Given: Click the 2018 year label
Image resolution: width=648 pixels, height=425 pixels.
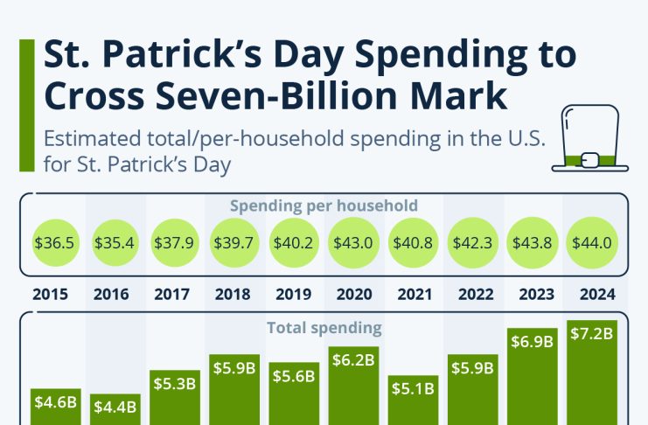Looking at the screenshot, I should [x=234, y=294].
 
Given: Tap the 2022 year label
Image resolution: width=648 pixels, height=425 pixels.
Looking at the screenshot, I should [x=472, y=294].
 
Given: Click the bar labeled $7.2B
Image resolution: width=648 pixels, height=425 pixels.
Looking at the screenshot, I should [x=591, y=376].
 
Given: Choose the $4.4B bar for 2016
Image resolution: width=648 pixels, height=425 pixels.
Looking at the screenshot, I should [x=115, y=411].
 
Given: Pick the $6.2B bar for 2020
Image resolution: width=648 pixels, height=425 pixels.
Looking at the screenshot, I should [x=353, y=389].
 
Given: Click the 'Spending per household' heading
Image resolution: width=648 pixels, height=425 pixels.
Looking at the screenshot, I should [x=324, y=206].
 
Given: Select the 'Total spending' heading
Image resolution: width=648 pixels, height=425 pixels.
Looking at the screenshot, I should [x=324, y=329].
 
